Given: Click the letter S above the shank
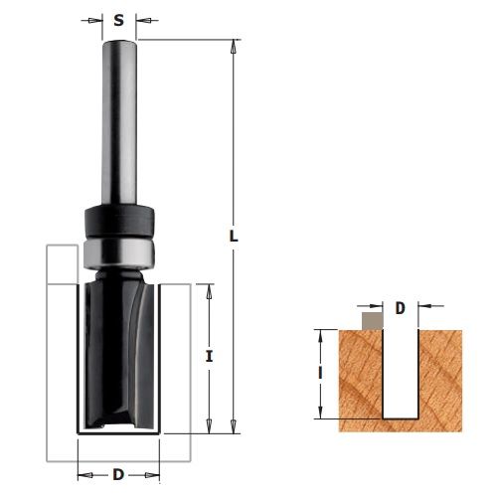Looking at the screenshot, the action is click(118, 21).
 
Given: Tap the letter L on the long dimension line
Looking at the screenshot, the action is click(234, 236).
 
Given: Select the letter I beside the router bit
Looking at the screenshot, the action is click(209, 357).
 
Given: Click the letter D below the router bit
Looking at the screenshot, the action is click(118, 475).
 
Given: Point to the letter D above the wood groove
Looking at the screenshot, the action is click(401, 308).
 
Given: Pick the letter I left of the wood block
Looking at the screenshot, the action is click(320, 373).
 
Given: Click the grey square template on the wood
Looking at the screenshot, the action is click(373, 321).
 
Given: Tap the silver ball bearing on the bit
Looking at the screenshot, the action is click(119, 253).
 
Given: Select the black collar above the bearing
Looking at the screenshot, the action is click(119, 222).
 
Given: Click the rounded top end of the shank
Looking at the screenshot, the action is click(119, 43).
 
